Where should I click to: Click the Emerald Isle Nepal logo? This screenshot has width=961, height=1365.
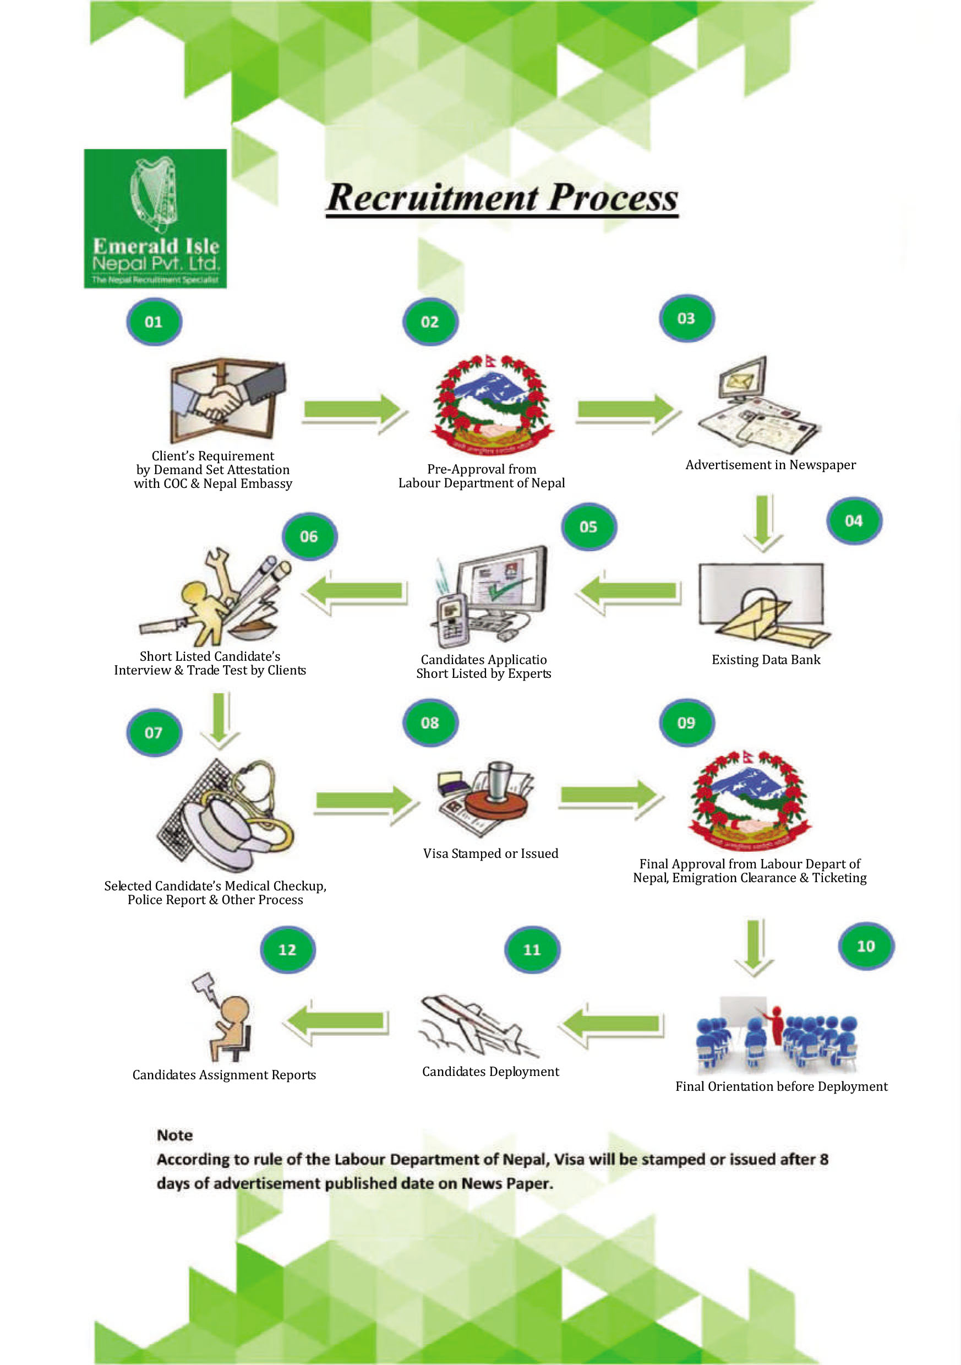click(x=155, y=218)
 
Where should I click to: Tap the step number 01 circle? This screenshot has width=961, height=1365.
click(x=154, y=322)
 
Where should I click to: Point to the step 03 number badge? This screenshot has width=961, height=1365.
click(x=686, y=318)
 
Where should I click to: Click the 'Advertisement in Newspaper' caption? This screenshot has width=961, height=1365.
click(x=770, y=465)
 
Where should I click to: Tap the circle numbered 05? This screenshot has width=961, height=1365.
click(x=588, y=527)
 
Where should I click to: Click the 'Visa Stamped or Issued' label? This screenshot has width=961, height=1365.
click(x=490, y=853)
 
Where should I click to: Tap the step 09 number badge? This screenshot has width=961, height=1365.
click(x=686, y=722)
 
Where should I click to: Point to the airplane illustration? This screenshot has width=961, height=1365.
click(x=476, y=1025)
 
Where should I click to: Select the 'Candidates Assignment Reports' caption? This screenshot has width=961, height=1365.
click(x=224, y=1075)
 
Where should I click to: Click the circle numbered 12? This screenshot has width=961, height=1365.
click(x=288, y=949)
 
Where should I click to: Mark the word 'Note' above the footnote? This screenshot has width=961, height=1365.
click(x=174, y=1135)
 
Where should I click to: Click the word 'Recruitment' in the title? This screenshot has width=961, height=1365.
click(x=432, y=198)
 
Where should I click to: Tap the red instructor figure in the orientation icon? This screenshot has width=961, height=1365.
click(x=776, y=1024)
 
